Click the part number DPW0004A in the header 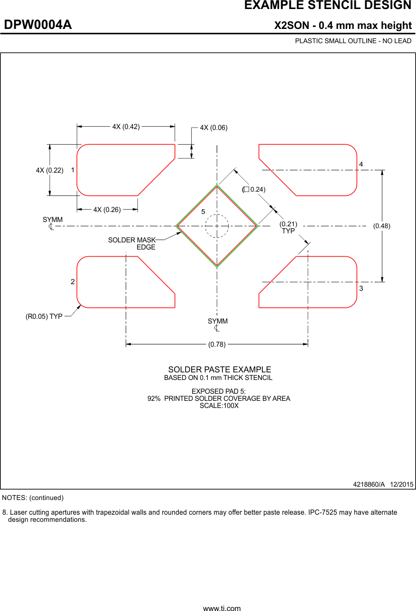pyautogui.click(x=38, y=25)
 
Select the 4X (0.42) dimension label pyautogui.click(x=126, y=127)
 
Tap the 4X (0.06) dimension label pyautogui.click(x=213, y=128)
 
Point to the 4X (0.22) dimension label pyautogui.click(x=49, y=170)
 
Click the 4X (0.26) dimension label pyautogui.click(x=107, y=210)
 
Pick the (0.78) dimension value pyautogui.click(x=217, y=345)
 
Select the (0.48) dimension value pyautogui.click(x=381, y=226)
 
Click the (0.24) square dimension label pyautogui.click(x=254, y=189)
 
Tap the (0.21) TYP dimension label pyautogui.click(x=288, y=227)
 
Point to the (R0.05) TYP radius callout pyautogui.click(x=44, y=316)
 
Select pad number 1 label pyautogui.click(x=73, y=170)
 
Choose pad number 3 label pyautogui.click(x=361, y=289)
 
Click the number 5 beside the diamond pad pyautogui.click(x=203, y=212)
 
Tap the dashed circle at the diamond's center pyautogui.click(x=217, y=226)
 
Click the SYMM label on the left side pyautogui.click(x=52, y=220)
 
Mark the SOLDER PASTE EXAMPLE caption pyautogui.click(x=220, y=370)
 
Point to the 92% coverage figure pyautogui.click(x=154, y=398)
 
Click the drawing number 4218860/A pyautogui.click(x=369, y=484)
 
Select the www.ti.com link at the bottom pyautogui.click(x=222, y=608)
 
